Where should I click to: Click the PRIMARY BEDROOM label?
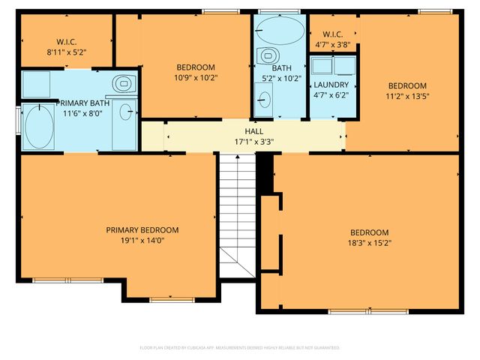[142, 230]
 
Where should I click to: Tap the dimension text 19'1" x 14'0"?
[142, 241]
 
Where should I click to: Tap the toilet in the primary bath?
[121, 82]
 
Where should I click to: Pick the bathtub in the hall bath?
[280, 32]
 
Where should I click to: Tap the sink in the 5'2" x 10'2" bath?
[263, 97]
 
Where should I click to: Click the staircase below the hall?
[238, 214]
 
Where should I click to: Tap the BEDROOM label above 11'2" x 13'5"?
[406, 85]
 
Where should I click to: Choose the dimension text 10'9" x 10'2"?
[195, 77]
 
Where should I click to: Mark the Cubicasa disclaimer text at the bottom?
[240, 348]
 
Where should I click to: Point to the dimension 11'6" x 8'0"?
[81, 114]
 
